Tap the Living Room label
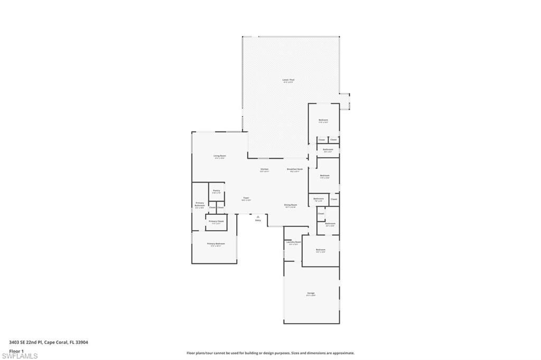coord(220,156)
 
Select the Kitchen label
coord(264,170)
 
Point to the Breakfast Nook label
coord(295,170)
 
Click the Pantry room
coord(216,192)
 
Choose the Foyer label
coord(246,198)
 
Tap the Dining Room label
coord(290,205)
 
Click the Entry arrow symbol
coord(258,216)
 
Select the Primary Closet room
coord(216,222)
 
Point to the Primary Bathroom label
coord(200,204)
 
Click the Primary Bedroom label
coord(217,244)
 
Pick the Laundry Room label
coord(293,243)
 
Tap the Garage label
coord(311,294)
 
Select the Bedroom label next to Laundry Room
coord(320,250)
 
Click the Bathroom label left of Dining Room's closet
coord(319,200)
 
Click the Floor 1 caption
coord(16,350)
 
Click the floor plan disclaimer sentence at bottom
coord(270,353)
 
